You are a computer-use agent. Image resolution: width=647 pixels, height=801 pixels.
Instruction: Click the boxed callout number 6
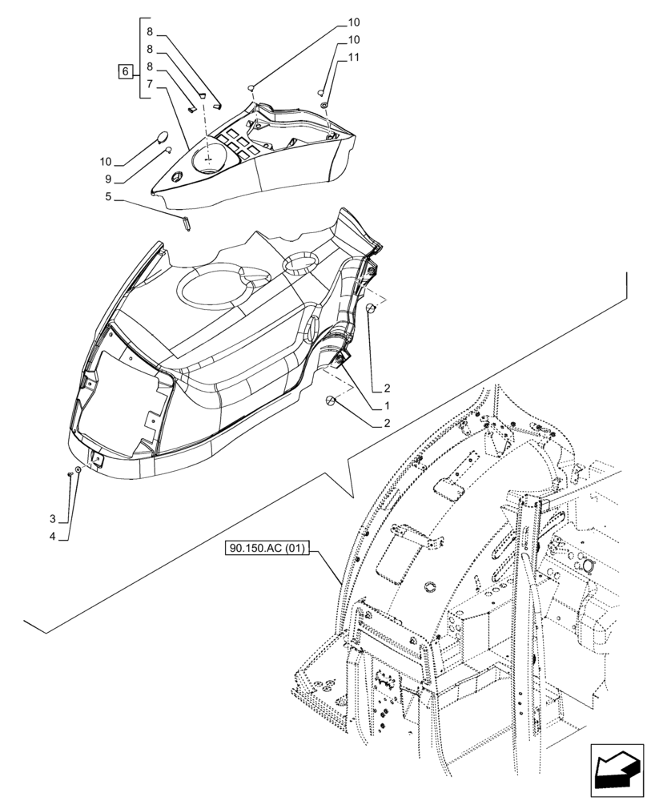pyautogui.click(x=126, y=73)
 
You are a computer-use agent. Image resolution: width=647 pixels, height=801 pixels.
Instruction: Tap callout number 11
pyautogui.click(x=353, y=58)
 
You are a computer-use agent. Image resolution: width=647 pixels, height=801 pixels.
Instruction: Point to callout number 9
pyautogui.click(x=107, y=179)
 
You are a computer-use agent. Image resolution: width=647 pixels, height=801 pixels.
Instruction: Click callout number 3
pyautogui.click(x=52, y=519)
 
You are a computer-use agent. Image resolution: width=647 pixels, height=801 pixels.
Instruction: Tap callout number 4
pyautogui.click(x=52, y=536)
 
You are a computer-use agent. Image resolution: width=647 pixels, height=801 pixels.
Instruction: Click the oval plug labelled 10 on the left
pyautogui.click(x=161, y=136)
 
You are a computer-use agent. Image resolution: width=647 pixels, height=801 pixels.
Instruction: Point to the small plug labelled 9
pyautogui.click(x=167, y=149)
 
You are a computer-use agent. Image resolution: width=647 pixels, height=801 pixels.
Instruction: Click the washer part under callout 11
pyautogui.click(x=323, y=105)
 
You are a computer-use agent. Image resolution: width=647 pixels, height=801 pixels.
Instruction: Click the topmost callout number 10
pyautogui.click(x=353, y=22)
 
